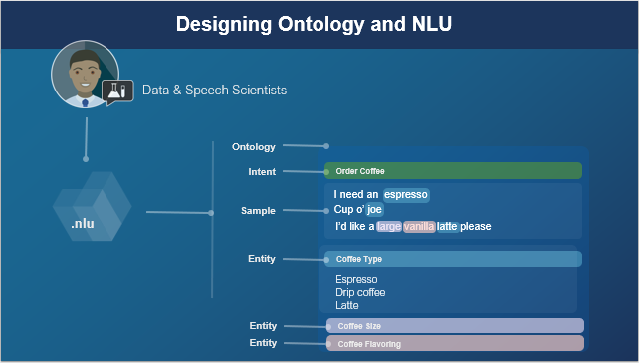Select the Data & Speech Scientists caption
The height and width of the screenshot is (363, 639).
point(214,91)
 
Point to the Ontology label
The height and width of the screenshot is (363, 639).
point(253,147)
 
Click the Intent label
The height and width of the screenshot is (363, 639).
point(262,172)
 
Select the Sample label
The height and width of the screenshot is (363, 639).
point(258,211)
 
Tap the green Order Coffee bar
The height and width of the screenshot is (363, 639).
point(453,171)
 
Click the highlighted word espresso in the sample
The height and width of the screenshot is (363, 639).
point(406,194)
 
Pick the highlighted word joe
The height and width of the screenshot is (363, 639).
point(374,210)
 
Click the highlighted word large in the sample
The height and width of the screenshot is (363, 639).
point(389,227)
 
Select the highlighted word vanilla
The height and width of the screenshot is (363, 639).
point(419,227)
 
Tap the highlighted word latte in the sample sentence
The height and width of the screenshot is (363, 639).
point(447,227)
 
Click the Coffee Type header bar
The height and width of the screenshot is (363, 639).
point(453,259)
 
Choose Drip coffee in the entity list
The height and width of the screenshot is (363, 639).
point(360,293)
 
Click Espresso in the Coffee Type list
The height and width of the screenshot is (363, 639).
point(356,280)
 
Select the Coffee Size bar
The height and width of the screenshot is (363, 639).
point(455,326)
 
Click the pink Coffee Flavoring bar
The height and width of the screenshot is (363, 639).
point(455,344)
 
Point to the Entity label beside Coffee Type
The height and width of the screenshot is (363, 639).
point(262,259)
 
